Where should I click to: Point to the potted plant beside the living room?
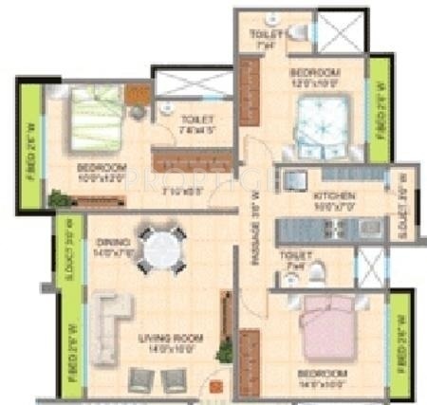pyautogui.click(x=224, y=352)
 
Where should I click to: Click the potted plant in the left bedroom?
pyautogui.click(x=59, y=198)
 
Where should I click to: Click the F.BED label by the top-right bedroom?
pyautogui.click(x=380, y=112)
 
